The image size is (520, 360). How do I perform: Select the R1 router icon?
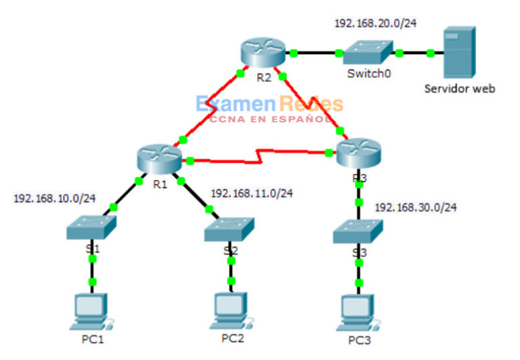click(x=158, y=159)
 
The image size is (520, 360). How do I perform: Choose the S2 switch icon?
click(x=230, y=230)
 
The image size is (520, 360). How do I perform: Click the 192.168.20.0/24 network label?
click(x=375, y=23)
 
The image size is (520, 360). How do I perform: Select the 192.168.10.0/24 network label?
click(x=55, y=198)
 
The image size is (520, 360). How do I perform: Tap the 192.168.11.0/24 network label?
click(x=252, y=193)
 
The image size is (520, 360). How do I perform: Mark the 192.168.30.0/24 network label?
click(x=416, y=207)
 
